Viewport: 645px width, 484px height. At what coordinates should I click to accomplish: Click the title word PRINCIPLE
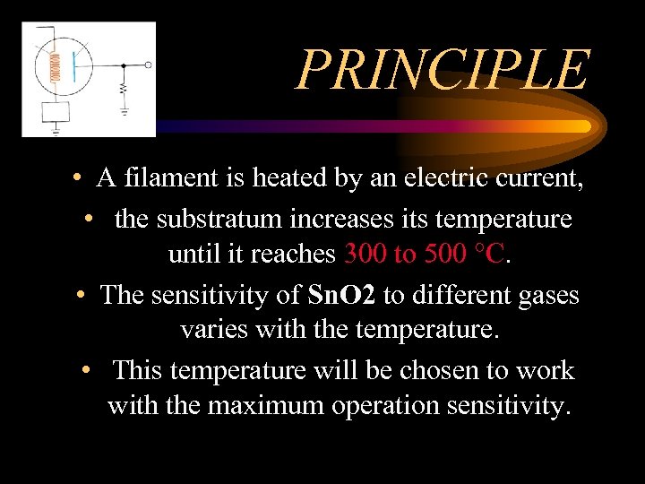tap(443, 71)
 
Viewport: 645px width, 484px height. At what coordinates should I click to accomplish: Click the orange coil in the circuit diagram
tap(56, 67)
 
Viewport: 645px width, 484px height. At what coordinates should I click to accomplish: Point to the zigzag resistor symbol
tap(124, 91)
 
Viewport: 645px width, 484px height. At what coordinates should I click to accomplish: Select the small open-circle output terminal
tap(149, 65)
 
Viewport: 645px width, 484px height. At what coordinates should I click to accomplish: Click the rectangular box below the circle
tap(56, 113)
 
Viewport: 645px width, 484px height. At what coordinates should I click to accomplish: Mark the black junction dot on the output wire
tap(124, 65)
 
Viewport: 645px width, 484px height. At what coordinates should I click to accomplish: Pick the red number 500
tap(445, 255)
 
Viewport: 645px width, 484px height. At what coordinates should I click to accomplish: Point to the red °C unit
tap(493, 255)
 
